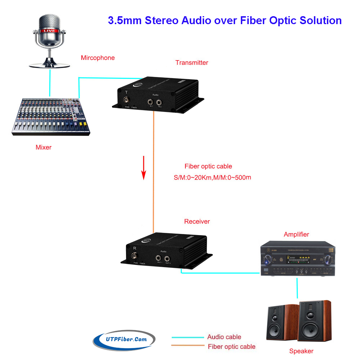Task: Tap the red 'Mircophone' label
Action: click(98, 58)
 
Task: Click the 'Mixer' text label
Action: click(44, 147)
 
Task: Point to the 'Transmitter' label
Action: click(192, 63)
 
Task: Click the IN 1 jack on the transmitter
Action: click(151, 102)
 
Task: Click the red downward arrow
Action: click(144, 167)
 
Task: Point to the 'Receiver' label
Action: click(197, 221)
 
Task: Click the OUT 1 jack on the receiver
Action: click(159, 258)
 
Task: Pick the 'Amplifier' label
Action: click(296, 234)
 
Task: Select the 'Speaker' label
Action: click(301, 351)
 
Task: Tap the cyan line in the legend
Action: click(188, 337)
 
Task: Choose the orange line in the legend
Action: click(188, 346)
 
